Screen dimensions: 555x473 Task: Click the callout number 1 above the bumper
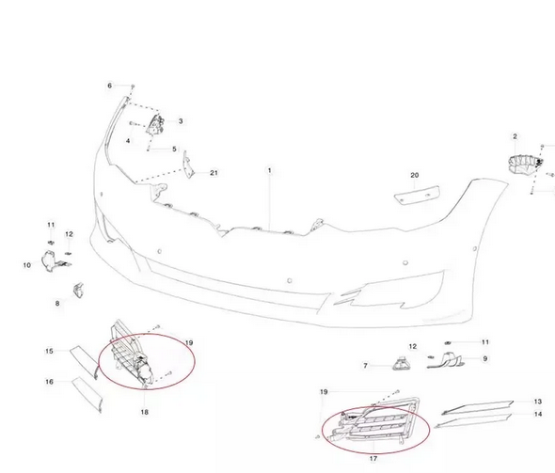pyautogui.click(x=269, y=170)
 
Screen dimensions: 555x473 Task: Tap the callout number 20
pyautogui.click(x=415, y=175)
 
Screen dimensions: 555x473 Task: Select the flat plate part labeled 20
pyautogui.click(x=418, y=195)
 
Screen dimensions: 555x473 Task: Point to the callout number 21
pyautogui.click(x=214, y=173)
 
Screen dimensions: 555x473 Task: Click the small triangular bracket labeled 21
pyautogui.click(x=188, y=166)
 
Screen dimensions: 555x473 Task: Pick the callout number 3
pyautogui.click(x=181, y=121)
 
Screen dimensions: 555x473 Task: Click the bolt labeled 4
pyautogui.click(x=135, y=124)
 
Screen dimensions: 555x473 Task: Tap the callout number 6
pyautogui.click(x=110, y=86)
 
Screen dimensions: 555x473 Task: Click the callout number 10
pyautogui.click(x=27, y=265)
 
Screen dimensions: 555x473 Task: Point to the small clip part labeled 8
pyautogui.click(x=78, y=290)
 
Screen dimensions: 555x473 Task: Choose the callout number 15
pyautogui.click(x=49, y=352)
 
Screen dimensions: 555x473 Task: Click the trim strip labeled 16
pyautogui.click(x=87, y=395)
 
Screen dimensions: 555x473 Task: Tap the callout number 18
pyautogui.click(x=145, y=412)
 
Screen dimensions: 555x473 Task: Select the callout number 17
pyautogui.click(x=373, y=459)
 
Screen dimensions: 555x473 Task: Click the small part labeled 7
pyautogui.click(x=402, y=364)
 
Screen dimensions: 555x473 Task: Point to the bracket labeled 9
pyautogui.click(x=447, y=360)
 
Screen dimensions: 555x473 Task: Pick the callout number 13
pyautogui.click(x=538, y=402)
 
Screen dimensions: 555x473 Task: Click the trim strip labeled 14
pyautogui.click(x=474, y=421)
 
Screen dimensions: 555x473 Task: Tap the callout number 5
pyautogui.click(x=174, y=150)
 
